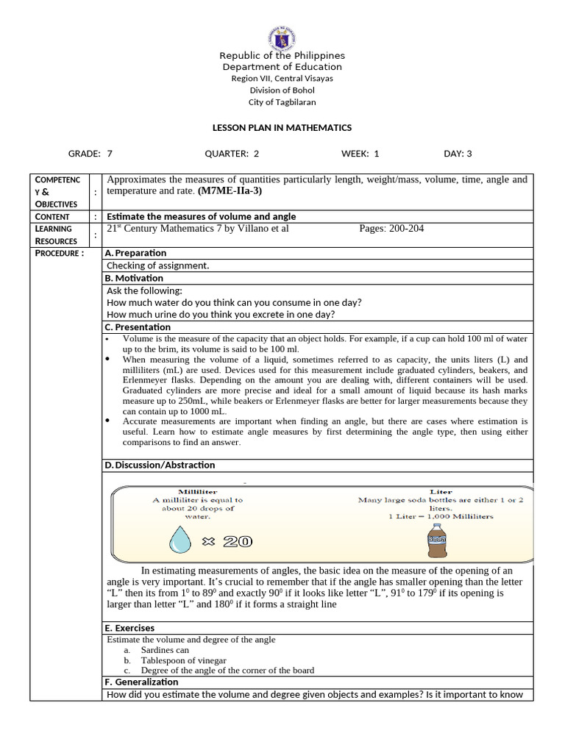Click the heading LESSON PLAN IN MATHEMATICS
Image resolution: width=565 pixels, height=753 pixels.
point(282,127)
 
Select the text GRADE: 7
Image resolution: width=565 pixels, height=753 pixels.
point(90,154)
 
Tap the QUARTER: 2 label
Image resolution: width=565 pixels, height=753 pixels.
point(232,154)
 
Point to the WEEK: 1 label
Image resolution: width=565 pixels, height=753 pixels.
point(360,154)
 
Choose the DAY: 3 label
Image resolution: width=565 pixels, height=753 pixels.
point(458,154)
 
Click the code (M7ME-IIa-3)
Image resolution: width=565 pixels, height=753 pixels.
point(230,191)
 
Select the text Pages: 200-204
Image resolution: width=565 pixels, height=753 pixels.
point(391,229)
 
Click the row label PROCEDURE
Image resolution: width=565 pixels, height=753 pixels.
point(60,253)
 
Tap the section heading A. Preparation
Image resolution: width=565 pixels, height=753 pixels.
point(136,253)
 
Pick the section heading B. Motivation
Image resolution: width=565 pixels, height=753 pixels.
point(134,278)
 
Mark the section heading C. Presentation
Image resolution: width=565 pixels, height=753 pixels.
point(138,327)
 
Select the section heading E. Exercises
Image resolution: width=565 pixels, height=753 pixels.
point(129,628)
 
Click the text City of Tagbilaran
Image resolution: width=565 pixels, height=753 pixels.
point(282,102)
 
